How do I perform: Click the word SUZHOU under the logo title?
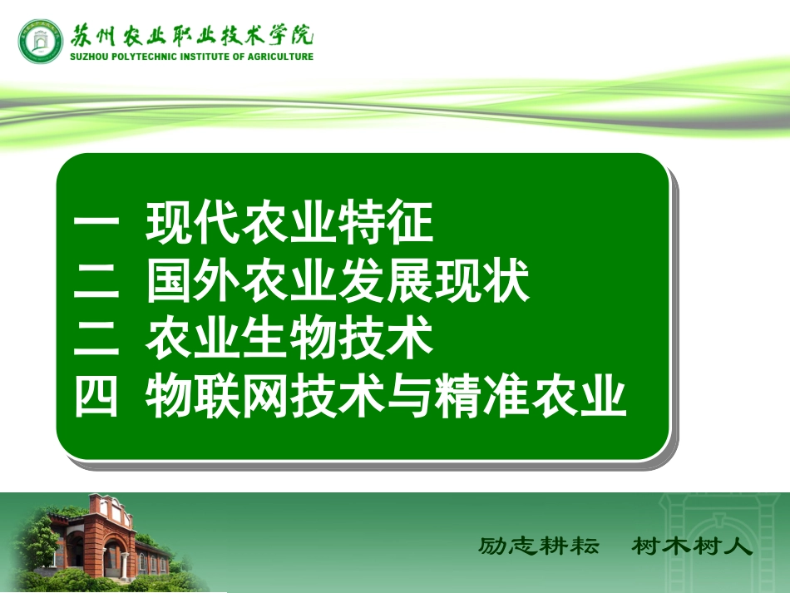(x=87, y=57)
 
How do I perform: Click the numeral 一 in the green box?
(x=98, y=224)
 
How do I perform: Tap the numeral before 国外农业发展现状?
(x=98, y=282)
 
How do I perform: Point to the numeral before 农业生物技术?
(x=98, y=339)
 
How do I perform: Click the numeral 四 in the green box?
(x=98, y=397)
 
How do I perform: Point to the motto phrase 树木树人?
(x=692, y=546)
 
